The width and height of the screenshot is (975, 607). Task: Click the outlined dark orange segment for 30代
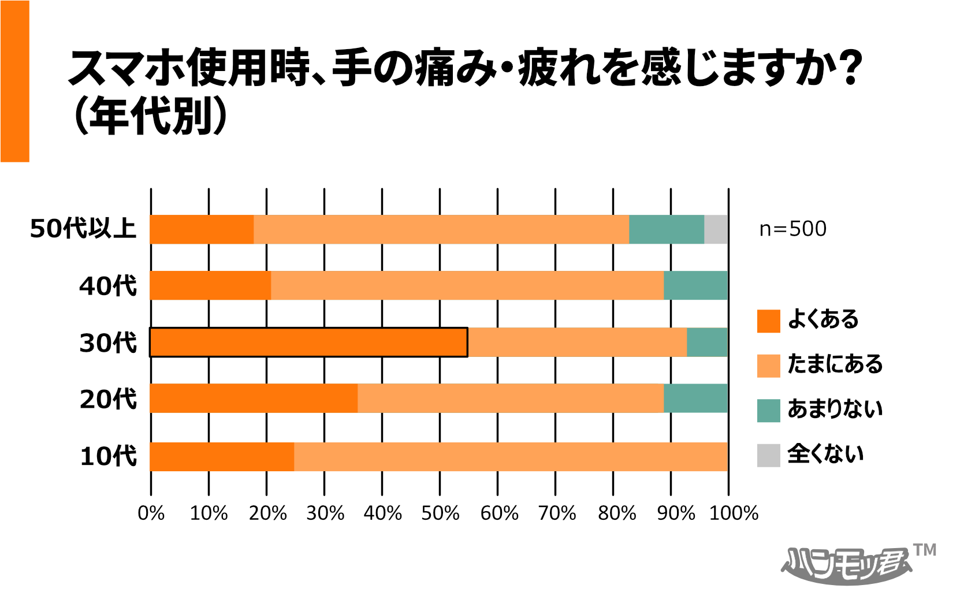pyautogui.click(x=308, y=342)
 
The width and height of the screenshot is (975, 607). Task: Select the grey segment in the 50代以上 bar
pyautogui.click(x=716, y=229)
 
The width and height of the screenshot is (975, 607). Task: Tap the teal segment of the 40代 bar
pyautogui.click(x=695, y=285)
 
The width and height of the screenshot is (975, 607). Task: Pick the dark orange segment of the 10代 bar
pyautogui.click(x=222, y=457)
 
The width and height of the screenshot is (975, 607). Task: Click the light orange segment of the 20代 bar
pyautogui.click(x=511, y=398)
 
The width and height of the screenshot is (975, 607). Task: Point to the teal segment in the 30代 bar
pyautogui.click(x=707, y=342)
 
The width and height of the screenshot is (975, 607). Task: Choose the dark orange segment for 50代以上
pyautogui.click(x=202, y=229)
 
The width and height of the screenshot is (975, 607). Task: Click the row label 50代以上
pyautogui.click(x=83, y=229)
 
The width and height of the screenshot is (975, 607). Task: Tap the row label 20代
pyautogui.click(x=108, y=399)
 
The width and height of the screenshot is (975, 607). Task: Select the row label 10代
pyautogui.click(x=108, y=456)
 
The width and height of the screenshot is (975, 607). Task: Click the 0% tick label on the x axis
pyautogui.click(x=151, y=513)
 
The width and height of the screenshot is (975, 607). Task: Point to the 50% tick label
pyautogui.click(x=440, y=513)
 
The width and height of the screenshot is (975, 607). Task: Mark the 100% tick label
pyautogui.click(x=734, y=513)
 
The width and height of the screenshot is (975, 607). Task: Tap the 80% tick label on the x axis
pyautogui.click(x=616, y=513)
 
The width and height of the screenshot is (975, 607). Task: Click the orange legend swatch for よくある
pyautogui.click(x=768, y=321)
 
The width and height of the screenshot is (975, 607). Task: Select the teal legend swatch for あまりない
pyautogui.click(x=768, y=411)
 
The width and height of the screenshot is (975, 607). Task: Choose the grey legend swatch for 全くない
pyautogui.click(x=768, y=455)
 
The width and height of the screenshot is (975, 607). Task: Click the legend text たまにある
pyautogui.click(x=835, y=364)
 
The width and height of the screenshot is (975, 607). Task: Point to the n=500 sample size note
pyautogui.click(x=792, y=229)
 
